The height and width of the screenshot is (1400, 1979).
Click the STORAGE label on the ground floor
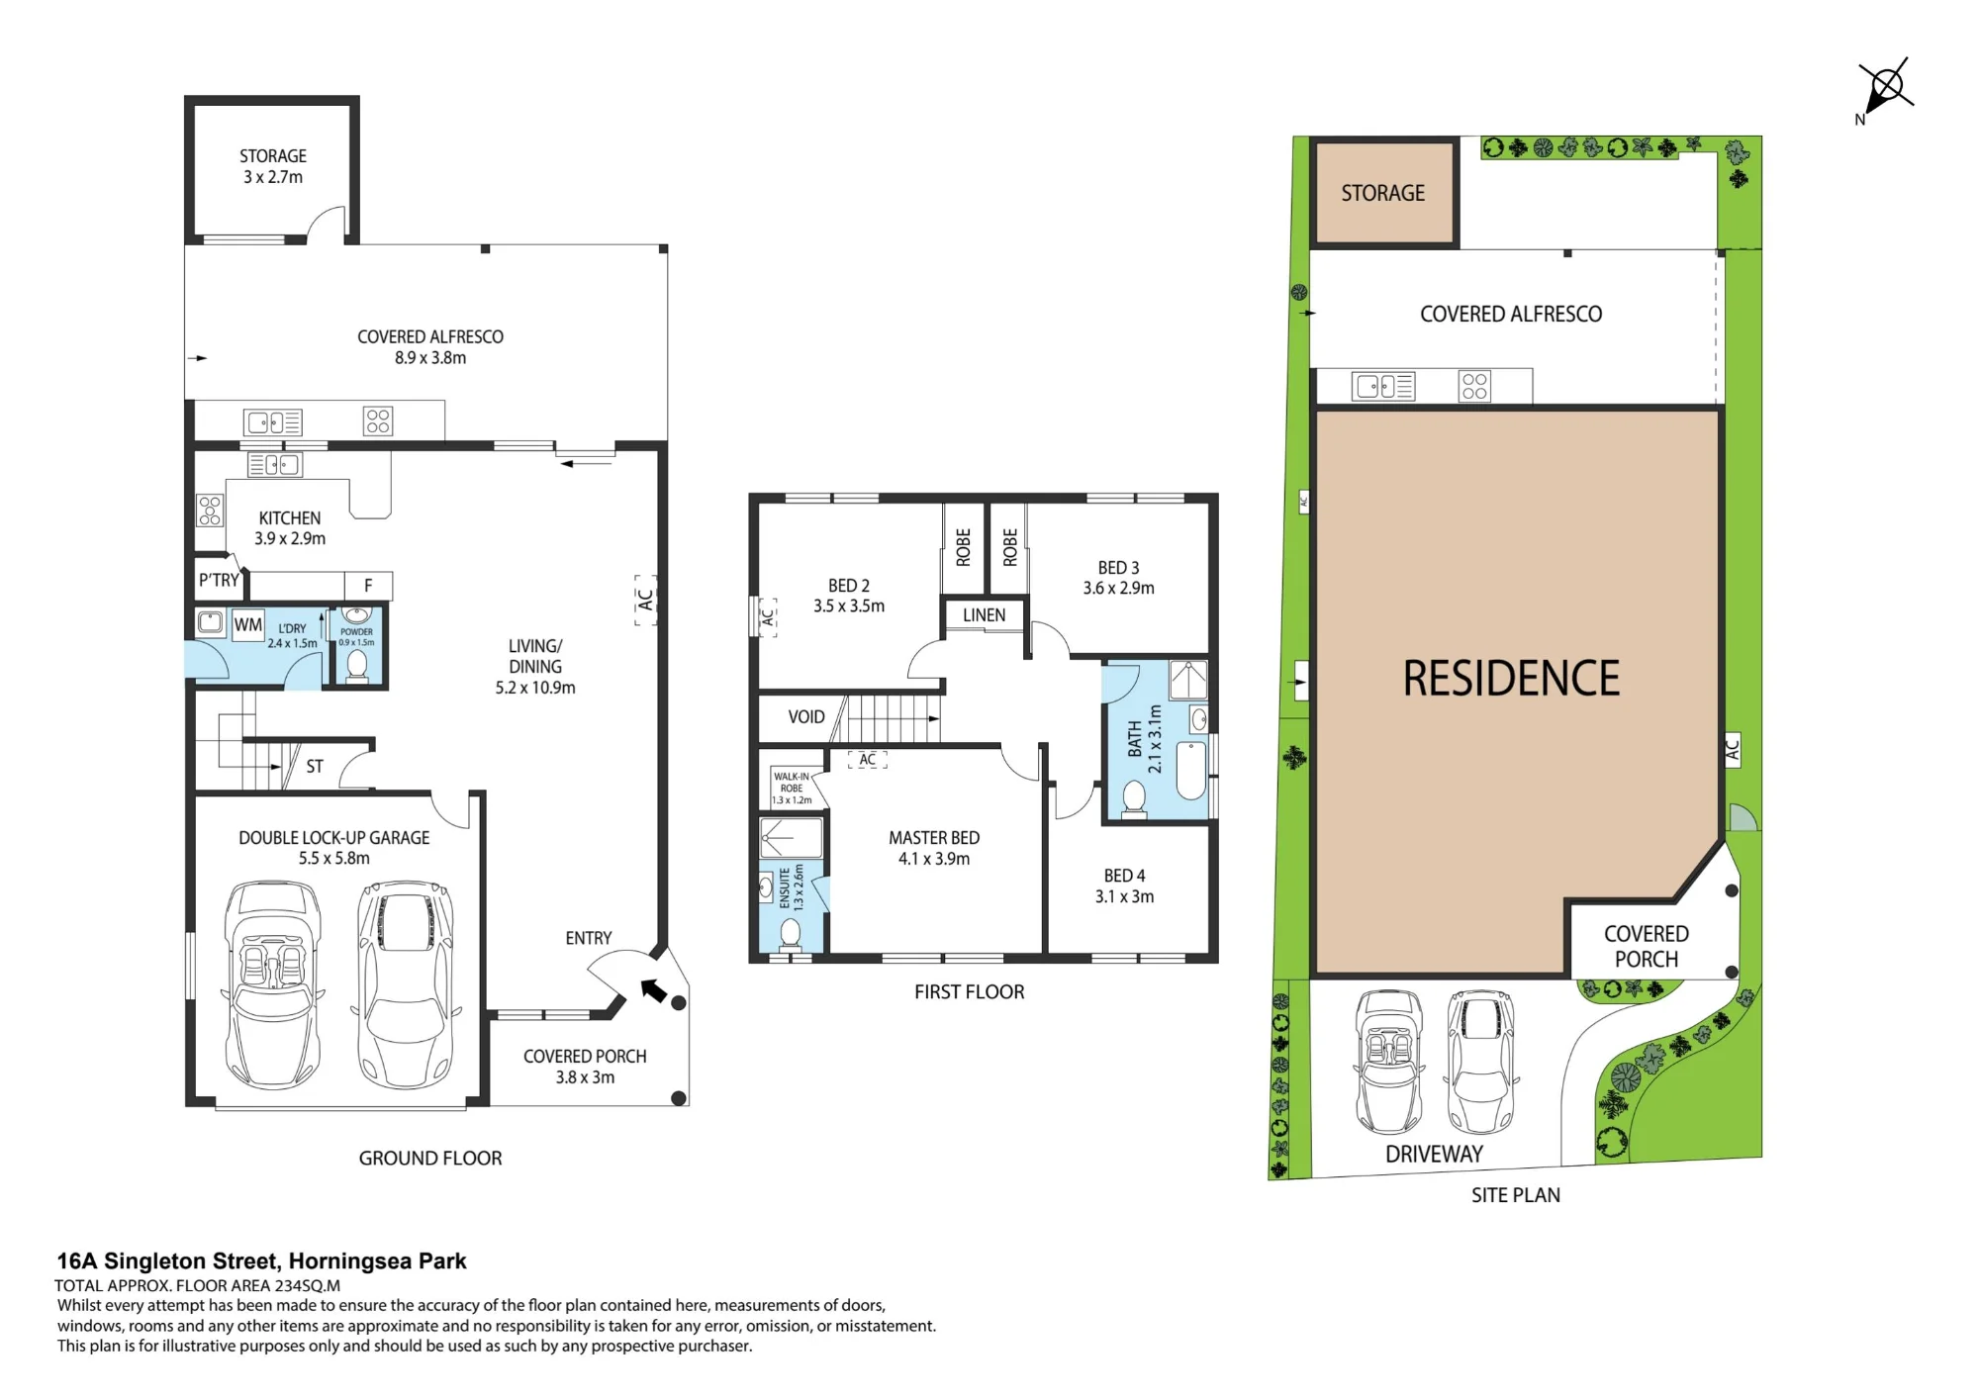pos(273,156)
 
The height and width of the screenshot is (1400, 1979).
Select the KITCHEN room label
pos(290,518)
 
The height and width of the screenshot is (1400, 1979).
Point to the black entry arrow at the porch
pos(654,990)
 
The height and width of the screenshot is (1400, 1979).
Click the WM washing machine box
pos(248,625)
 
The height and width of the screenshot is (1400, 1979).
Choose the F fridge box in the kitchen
pos(368,586)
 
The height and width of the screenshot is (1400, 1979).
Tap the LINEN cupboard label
pos(985,615)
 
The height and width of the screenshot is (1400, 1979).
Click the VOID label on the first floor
pos(806,717)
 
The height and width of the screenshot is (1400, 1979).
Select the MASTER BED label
pos(934,838)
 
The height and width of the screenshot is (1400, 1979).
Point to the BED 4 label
pos(1125,876)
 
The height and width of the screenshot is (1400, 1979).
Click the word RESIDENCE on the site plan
pos(1511,679)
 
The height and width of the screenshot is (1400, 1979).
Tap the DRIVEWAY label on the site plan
pos(1434,1154)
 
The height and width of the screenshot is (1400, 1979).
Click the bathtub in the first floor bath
pos(1191,770)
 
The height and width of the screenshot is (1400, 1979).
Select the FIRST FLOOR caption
pos(970,992)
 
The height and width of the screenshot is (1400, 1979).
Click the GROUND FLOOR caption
pos(430,1159)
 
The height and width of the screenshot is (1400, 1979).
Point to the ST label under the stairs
pos(315,767)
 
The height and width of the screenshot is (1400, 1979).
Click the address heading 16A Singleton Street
pos(261,1261)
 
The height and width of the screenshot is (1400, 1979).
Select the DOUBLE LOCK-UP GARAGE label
pos(334,838)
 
